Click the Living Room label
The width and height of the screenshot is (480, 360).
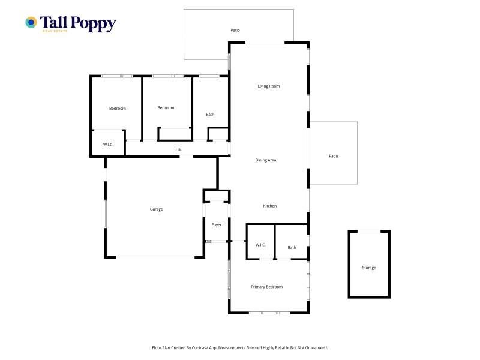(268, 86)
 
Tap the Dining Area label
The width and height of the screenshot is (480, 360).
(265, 160)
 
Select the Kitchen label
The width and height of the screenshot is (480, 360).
(269, 206)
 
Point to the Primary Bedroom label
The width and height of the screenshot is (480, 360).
(266, 287)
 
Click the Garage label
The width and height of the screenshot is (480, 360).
(156, 209)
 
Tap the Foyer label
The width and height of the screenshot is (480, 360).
(216, 224)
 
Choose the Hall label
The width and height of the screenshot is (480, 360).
(179, 149)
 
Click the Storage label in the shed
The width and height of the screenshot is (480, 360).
(369, 268)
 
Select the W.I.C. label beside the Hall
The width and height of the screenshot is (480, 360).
(108, 145)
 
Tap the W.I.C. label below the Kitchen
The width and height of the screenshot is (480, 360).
(260, 245)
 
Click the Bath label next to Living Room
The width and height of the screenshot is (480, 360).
(210, 115)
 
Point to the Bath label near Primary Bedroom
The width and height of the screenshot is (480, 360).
(292, 247)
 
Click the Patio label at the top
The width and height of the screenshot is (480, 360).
(235, 30)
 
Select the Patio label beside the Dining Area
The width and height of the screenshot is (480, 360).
(334, 156)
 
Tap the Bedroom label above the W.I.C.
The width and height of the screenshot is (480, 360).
(118, 109)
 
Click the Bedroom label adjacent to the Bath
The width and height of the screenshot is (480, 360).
(166, 108)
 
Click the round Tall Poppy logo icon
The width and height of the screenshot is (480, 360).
(31, 22)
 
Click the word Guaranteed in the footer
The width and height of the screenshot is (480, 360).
(317, 348)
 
